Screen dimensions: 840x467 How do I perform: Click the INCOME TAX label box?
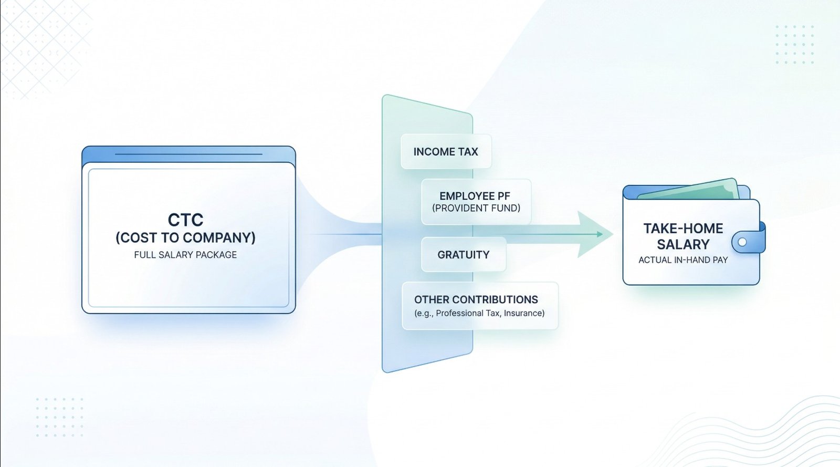[x=446, y=151]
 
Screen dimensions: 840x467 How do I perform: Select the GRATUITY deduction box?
[x=464, y=255]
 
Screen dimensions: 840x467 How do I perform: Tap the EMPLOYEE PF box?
[x=476, y=202]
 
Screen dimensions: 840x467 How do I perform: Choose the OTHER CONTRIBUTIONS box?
[x=480, y=306]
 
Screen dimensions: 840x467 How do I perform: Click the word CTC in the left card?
[x=186, y=220]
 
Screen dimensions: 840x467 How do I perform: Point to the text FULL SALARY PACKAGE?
[x=186, y=255]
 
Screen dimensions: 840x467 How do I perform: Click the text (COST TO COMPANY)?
[x=186, y=238]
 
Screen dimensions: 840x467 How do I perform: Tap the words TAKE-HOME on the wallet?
[x=683, y=228]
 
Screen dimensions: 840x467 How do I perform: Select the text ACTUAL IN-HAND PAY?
[x=683, y=260]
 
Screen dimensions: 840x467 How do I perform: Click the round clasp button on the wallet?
[x=742, y=242]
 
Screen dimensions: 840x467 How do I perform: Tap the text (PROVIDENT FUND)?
[x=476, y=208]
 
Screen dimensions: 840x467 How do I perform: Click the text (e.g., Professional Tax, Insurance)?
[x=479, y=313]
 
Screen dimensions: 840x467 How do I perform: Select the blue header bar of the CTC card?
[x=188, y=154]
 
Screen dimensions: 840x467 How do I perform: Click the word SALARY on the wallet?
[x=683, y=244]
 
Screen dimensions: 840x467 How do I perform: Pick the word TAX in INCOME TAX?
[x=467, y=151]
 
